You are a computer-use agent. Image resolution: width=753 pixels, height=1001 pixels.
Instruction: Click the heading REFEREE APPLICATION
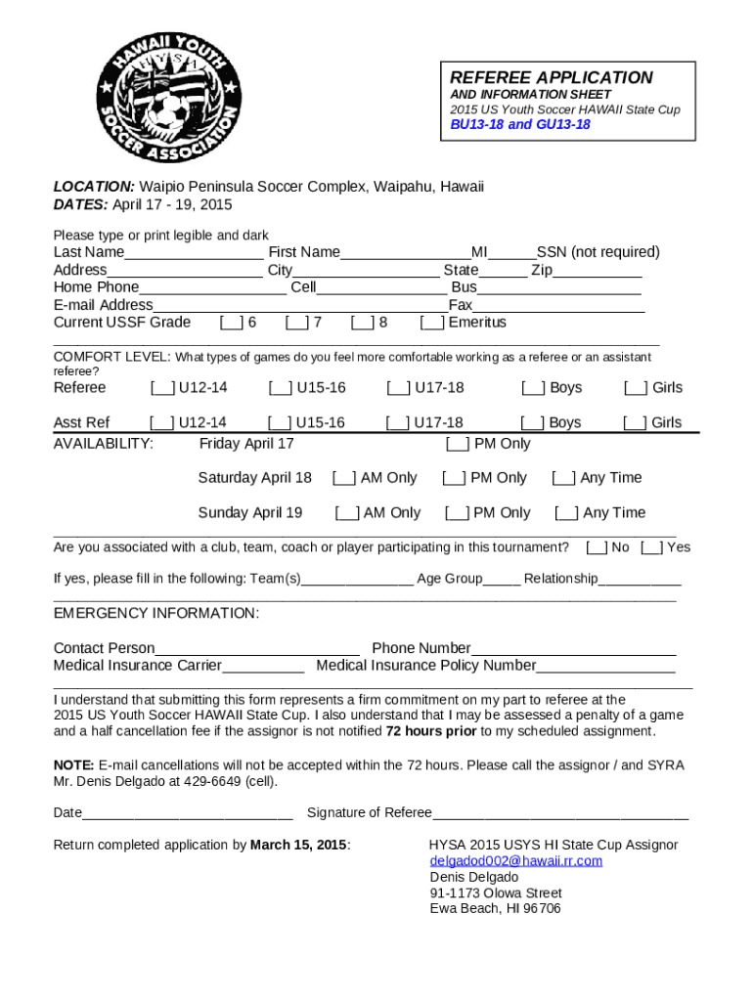(x=551, y=78)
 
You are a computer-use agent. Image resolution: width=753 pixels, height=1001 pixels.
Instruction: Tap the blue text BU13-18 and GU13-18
(x=519, y=125)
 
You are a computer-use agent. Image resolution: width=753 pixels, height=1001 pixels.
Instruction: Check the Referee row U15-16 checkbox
(x=280, y=388)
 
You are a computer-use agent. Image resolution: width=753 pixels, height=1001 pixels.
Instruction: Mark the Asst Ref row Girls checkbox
(x=636, y=423)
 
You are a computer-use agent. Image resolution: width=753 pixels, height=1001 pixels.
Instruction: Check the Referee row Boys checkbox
(x=533, y=388)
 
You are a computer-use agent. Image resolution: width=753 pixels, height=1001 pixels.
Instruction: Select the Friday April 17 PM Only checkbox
(x=458, y=445)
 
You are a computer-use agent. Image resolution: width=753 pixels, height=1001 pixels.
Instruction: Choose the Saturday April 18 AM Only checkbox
(x=344, y=478)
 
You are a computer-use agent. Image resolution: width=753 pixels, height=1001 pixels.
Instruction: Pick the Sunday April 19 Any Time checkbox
(x=566, y=513)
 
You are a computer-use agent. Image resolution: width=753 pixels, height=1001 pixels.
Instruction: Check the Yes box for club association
(x=652, y=547)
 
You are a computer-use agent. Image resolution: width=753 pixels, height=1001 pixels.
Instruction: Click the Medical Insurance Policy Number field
(x=605, y=667)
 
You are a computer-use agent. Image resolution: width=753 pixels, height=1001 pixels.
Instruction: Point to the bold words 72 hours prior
(x=431, y=731)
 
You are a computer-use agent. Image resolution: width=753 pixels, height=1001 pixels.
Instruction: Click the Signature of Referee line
(x=559, y=813)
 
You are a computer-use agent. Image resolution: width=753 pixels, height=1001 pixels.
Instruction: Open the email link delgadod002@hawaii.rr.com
(x=516, y=861)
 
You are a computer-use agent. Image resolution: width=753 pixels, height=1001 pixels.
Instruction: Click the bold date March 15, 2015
(x=298, y=846)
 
